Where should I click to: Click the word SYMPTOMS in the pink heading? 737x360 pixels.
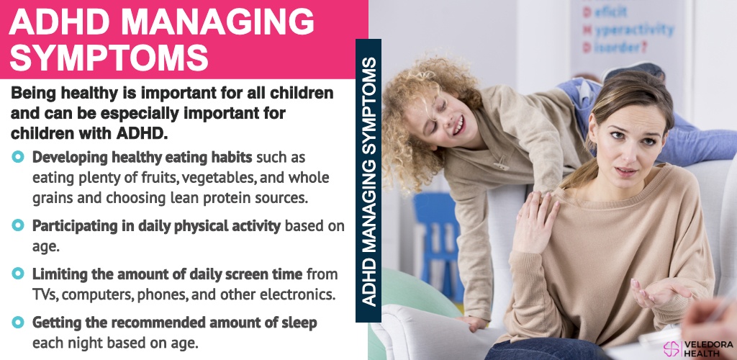pos(109,58)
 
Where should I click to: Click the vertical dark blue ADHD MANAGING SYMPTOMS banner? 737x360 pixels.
pos(368,181)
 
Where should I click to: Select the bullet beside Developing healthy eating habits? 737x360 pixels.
pos(18,156)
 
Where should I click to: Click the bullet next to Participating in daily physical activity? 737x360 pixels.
pos(18,225)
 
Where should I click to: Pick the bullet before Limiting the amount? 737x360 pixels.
pos(18,273)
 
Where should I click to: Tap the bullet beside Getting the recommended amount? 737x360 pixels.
pos(18,322)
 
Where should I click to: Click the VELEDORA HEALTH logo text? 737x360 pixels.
pos(708,348)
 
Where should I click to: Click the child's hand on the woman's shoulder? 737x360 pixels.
pos(535,220)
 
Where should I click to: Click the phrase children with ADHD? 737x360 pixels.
pos(89,133)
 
